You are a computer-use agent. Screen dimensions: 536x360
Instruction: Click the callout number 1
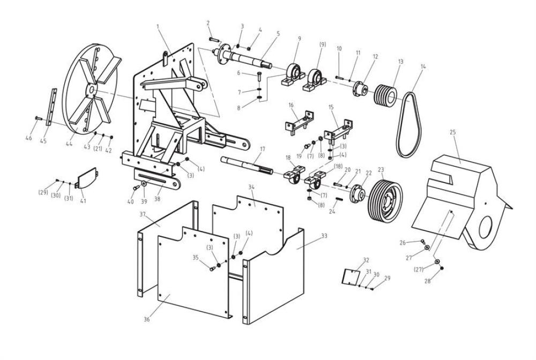coord(158,26)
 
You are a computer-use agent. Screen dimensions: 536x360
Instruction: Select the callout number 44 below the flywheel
coord(69,144)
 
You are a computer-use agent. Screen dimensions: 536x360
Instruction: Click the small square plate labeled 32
coord(351,276)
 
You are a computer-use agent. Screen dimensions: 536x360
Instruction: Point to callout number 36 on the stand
coord(147,319)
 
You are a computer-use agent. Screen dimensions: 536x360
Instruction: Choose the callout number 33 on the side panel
coord(324,236)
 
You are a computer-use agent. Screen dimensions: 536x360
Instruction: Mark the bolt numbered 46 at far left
coord(38,118)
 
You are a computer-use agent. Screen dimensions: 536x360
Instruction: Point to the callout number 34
coord(251,187)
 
